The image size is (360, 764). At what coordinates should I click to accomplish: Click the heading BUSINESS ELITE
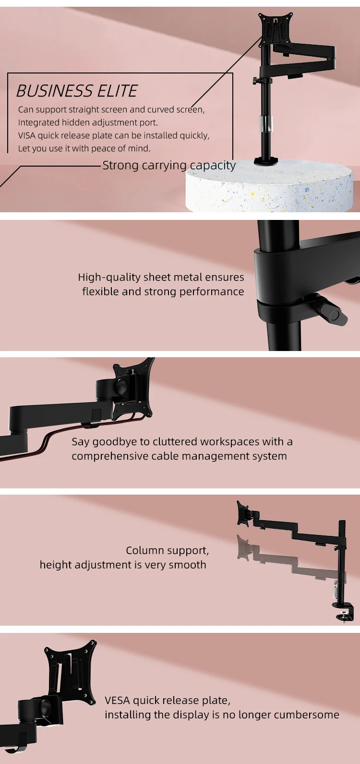click(x=77, y=91)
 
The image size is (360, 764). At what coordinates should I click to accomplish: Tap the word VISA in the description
click(x=26, y=135)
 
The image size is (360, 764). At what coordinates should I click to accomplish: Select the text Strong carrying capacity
click(x=169, y=165)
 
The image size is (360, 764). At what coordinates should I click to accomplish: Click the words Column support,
click(x=167, y=550)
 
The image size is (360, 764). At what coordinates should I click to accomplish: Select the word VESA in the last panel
click(x=117, y=700)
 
